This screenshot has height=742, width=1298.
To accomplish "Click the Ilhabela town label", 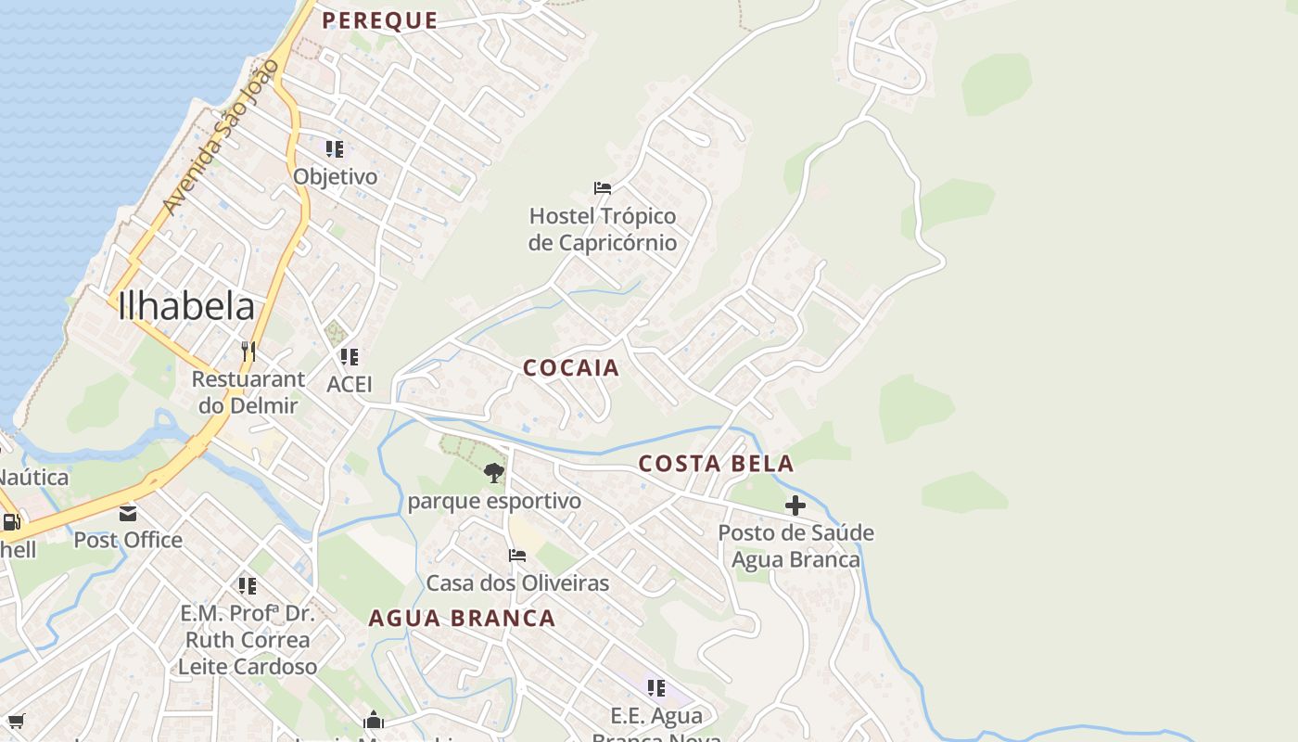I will click(185, 306).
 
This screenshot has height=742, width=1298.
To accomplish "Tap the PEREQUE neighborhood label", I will click(379, 20).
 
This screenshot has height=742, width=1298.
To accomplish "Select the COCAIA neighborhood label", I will click(570, 368).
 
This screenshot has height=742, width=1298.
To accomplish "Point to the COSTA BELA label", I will click(716, 463).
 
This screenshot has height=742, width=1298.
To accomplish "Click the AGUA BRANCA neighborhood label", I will click(462, 618).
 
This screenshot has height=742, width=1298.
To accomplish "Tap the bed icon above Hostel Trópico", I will click(603, 188).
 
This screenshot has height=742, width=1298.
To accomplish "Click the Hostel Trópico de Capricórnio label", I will click(603, 229).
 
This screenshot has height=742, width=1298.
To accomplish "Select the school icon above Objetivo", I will click(335, 148).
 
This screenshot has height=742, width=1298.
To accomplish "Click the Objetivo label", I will click(336, 176).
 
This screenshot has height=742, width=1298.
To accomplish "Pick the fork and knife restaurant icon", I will click(248, 351).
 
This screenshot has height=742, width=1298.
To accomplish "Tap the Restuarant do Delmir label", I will click(248, 391).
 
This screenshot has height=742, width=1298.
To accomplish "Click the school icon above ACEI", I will click(349, 356).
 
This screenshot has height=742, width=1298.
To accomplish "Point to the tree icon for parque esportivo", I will click(494, 473).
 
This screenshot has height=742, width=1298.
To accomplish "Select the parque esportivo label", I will click(494, 501).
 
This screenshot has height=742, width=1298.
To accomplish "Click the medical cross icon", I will click(795, 505).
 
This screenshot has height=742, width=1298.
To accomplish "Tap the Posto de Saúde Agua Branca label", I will click(795, 546).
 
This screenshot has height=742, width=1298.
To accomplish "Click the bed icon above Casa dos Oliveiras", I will click(517, 556).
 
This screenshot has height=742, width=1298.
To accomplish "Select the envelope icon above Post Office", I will click(128, 513).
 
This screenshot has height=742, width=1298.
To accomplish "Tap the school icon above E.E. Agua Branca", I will click(656, 687).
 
